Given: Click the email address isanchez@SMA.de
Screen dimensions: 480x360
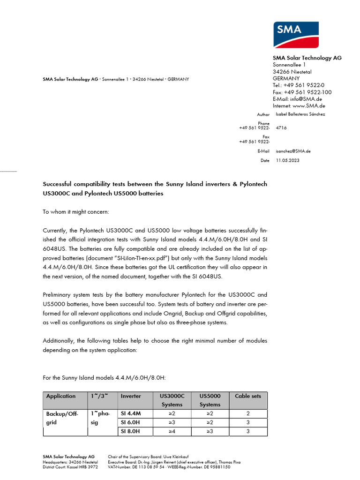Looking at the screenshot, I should click(x=293, y=151).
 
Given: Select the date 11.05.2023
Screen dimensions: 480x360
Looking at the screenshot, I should click(x=287, y=160).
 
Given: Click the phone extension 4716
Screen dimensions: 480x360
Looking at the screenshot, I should click(x=281, y=127).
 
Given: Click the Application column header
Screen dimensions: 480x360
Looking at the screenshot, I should click(x=61, y=396).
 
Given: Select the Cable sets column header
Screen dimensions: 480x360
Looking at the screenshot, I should click(x=248, y=396).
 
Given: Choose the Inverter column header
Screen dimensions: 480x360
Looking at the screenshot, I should click(x=131, y=396).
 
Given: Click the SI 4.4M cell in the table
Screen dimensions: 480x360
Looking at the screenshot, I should click(x=131, y=414).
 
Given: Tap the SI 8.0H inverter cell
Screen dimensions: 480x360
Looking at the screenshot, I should click(x=130, y=431).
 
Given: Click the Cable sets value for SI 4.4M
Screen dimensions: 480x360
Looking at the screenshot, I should click(x=248, y=414).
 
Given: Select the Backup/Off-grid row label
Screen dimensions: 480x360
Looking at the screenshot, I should click(x=61, y=418).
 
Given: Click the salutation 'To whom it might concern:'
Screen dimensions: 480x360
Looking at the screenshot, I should click(x=76, y=212).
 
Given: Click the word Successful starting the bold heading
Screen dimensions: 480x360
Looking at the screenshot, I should click(x=60, y=184).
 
